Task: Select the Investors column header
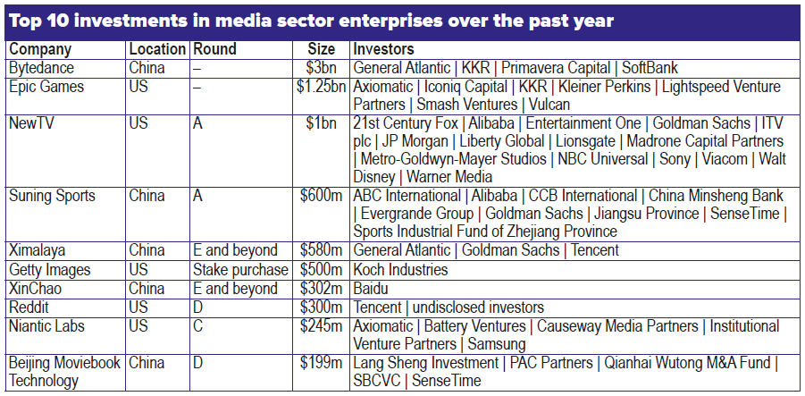coord(383,50)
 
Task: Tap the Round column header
coord(214,50)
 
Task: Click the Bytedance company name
coord(41,68)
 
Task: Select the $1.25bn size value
coord(321,87)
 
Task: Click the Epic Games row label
coord(46,87)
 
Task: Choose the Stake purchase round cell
coord(240,269)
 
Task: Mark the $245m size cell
coord(323,325)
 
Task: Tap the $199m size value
coord(323,363)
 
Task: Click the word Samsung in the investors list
coord(497,343)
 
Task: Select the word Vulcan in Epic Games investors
coord(543,105)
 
